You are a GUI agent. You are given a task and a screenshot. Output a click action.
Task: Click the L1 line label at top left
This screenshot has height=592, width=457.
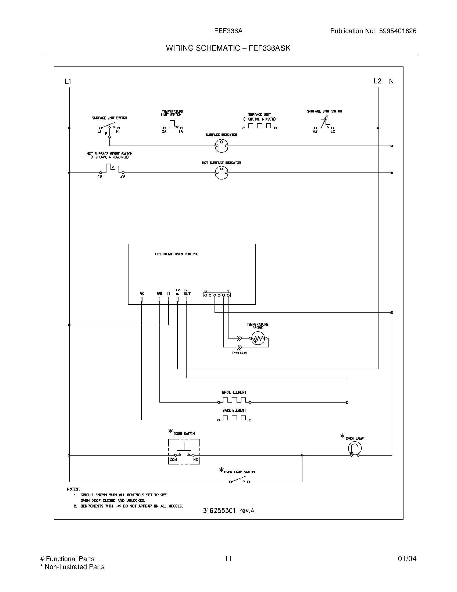[x=68, y=81]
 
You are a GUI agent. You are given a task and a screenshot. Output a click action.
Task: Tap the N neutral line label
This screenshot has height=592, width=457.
[x=391, y=81]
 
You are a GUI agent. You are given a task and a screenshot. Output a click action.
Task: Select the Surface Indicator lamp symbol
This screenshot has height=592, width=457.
[x=222, y=146]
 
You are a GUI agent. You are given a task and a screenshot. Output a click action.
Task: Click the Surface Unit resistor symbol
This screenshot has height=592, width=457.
[x=259, y=126]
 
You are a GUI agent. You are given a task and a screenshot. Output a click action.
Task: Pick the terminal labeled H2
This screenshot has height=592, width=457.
[x=315, y=132]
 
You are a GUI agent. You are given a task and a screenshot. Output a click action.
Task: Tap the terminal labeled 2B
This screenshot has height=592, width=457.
[x=123, y=176]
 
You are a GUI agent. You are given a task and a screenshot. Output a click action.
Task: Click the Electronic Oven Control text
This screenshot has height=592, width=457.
[x=177, y=254]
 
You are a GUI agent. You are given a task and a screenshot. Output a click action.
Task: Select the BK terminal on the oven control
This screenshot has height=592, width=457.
[x=141, y=299]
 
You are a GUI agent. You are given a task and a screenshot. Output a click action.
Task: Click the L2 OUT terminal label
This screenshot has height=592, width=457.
[x=187, y=292]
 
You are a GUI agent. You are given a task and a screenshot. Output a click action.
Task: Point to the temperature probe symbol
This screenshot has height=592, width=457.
[x=258, y=338]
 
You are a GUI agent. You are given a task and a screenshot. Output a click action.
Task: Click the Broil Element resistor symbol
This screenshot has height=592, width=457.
[x=234, y=400]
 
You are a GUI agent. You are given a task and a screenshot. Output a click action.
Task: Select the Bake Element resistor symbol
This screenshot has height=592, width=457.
[x=234, y=418]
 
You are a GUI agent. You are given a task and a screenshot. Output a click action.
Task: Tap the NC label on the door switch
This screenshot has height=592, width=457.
[x=195, y=460]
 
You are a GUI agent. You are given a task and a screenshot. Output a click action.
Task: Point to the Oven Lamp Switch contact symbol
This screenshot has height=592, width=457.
[x=240, y=481]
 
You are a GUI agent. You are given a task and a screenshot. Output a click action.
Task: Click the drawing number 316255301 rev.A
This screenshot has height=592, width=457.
[x=228, y=511]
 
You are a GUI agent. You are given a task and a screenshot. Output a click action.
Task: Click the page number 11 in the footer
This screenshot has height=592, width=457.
[x=228, y=559]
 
